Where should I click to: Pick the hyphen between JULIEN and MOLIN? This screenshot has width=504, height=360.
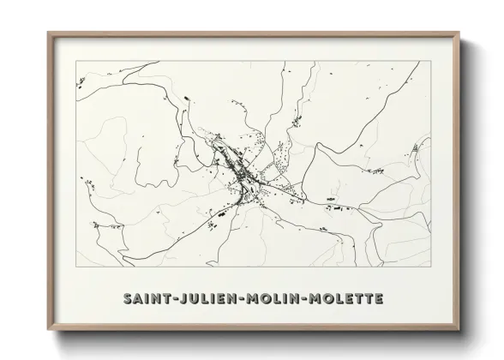click(x=242, y=299)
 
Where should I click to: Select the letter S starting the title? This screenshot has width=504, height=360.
click(x=129, y=299)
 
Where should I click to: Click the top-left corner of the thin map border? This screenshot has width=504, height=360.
click(x=76, y=62)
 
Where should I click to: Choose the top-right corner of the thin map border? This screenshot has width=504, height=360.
click(x=429, y=62)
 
